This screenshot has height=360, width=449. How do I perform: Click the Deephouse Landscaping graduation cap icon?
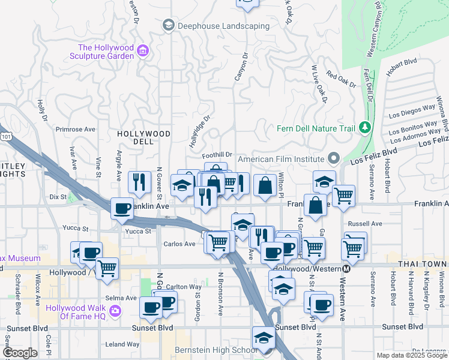168,26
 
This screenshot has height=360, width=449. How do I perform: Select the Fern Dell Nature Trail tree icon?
364,128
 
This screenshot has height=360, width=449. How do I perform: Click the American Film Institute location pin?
334,159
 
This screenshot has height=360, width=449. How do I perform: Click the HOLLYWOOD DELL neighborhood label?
143,138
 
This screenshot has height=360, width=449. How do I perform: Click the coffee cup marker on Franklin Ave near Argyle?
122,208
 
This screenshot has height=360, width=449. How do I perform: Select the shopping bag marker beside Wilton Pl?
264,185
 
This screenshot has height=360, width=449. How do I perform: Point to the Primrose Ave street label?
76,129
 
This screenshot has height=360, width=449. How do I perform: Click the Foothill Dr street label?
217,155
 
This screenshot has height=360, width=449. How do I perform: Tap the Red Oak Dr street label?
341,80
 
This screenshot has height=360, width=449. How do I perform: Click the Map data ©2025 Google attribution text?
412,355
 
